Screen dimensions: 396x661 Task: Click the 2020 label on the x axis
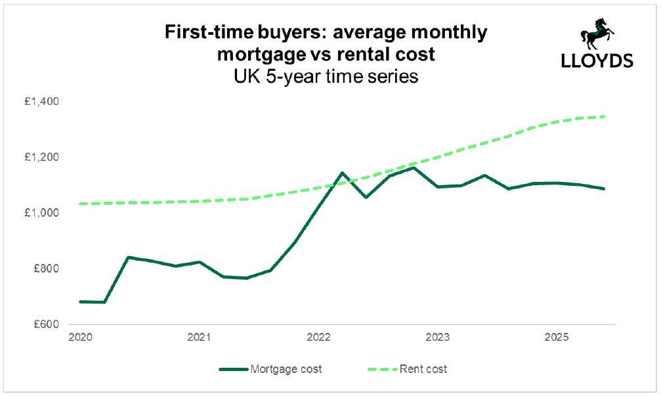[79, 338]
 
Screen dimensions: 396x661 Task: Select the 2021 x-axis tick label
[199, 338]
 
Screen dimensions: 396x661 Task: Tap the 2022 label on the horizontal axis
[318, 338]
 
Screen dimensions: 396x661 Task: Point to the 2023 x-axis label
[437, 338]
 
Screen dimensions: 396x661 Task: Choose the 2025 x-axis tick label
[557, 338]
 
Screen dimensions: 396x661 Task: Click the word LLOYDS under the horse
[597, 61]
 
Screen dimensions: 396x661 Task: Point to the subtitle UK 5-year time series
[326, 76]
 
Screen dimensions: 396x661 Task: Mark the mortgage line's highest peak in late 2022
[412, 167]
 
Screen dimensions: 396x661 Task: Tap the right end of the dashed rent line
[604, 116]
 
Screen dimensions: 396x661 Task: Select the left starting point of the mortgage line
[80, 301]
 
